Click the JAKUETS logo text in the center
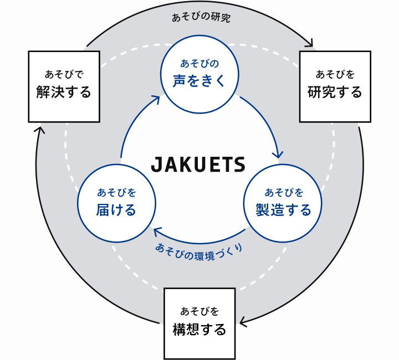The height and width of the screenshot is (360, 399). click(198, 164)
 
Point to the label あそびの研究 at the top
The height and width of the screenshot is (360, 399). click(201, 18)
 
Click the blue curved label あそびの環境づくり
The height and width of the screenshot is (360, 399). click(199, 253)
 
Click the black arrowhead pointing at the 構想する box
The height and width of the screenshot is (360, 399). click(243, 322)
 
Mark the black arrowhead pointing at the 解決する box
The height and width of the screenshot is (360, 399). click(39, 130)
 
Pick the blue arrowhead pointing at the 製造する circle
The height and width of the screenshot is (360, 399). click(278, 155)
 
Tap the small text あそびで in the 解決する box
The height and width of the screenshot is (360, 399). click(64, 74)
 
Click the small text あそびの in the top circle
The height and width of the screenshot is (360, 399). click(199, 64)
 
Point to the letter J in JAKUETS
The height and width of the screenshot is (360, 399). click(156, 164)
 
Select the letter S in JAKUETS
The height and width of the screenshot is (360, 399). click(239, 164)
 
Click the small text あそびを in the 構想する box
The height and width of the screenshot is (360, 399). click(199, 311)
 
